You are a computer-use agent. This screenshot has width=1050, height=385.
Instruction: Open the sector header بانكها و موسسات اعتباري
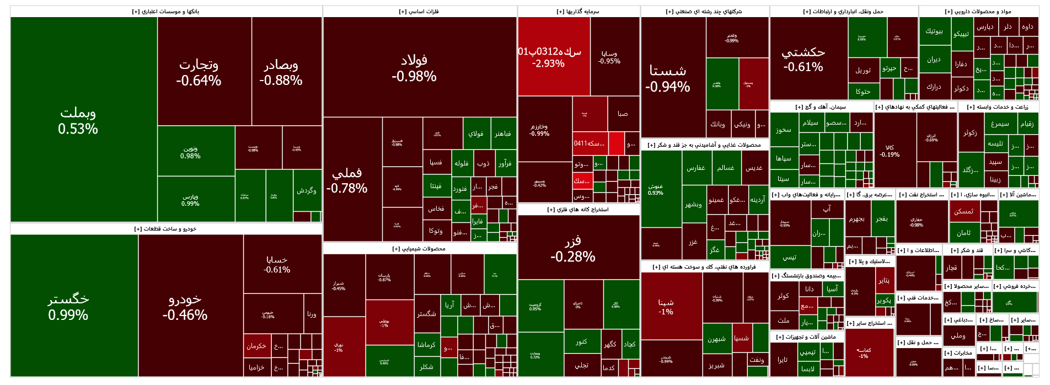(166, 12)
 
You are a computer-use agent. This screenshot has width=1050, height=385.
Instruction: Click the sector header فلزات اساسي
(419, 12)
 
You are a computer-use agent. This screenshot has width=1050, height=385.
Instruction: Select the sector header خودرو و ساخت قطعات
(165, 229)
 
